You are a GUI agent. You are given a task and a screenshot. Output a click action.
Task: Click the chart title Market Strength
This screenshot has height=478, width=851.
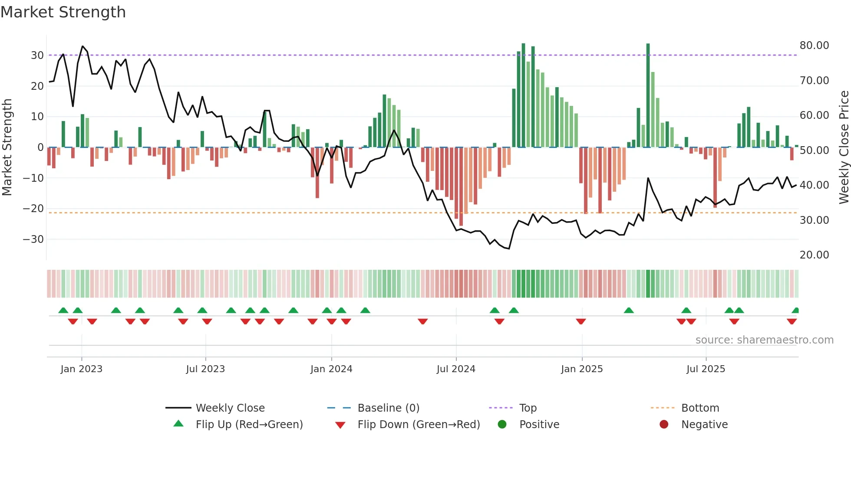(x=63, y=12)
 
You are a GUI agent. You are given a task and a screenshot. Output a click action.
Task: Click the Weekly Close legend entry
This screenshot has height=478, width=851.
(x=230, y=408)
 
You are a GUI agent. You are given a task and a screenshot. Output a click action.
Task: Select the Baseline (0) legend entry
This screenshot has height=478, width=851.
(x=388, y=408)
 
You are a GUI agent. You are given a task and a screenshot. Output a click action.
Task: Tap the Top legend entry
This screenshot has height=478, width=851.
(x=528, y=408)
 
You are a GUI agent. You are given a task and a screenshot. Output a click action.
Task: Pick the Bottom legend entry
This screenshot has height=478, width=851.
(x=700, y=408)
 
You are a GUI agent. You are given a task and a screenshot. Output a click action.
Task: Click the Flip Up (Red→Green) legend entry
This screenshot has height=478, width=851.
(x=249, y=424)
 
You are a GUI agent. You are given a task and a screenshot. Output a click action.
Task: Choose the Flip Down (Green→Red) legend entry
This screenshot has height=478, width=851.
(x=419, y=424)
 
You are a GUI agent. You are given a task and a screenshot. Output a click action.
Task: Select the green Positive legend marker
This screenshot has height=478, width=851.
(x=502, y=424)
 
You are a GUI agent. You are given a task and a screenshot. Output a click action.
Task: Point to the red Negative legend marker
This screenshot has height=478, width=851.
(x=664, y=424)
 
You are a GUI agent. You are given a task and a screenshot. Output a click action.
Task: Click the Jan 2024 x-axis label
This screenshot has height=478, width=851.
(x=331, y=369)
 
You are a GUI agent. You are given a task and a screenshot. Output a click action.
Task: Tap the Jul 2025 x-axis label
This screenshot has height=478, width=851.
(x=706, y=369)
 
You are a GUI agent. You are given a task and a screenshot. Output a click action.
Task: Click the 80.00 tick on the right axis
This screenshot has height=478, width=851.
(x=814, y=46)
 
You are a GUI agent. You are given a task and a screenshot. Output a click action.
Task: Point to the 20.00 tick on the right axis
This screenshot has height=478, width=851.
(x=814, y=255)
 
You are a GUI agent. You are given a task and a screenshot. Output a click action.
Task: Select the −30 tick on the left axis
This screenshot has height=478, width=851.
(x=33, y=239)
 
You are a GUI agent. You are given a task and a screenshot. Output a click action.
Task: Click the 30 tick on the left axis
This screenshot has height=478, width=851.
(x=37, y=55)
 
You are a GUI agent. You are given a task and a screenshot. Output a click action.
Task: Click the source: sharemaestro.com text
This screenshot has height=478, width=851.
(x=764, y=340)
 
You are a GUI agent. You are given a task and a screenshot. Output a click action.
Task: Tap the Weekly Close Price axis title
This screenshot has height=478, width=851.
(x=844, y=147)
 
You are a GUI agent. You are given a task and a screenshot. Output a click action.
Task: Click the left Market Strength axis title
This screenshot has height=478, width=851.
(x=7, y=147)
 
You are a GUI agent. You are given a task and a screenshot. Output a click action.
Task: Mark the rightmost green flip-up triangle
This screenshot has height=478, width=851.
(x=795, y=310)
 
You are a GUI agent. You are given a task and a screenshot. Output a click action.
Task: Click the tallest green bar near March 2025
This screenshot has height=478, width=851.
(x=648, y=95)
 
